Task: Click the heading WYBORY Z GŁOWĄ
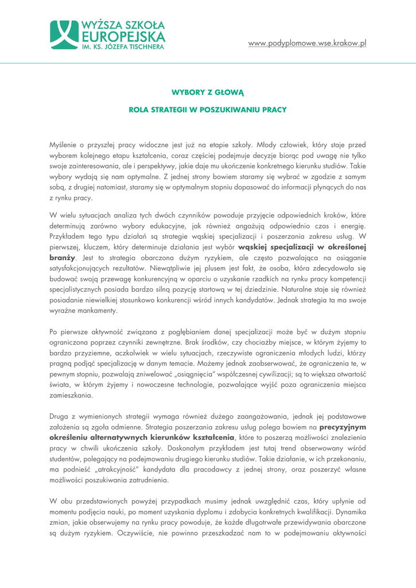pos(208,91)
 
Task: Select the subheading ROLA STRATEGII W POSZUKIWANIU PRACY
pos(208,109)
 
